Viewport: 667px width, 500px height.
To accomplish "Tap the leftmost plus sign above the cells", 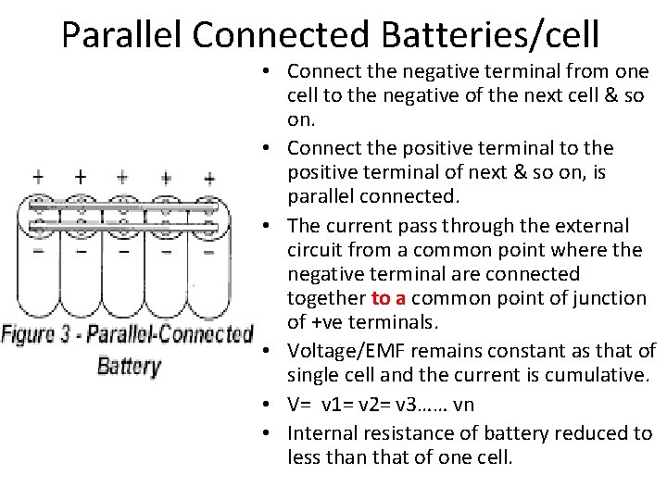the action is [x=38, y=176].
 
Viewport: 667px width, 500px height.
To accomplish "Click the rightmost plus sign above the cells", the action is [x=209, y=178].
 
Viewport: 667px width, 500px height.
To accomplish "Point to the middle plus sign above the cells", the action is [x=122, y=177].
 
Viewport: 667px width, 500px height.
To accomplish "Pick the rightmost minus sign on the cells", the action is [x=208, y=250].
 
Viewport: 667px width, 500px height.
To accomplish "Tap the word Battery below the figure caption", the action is [x=129, y=365].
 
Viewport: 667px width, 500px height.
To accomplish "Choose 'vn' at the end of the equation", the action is [x=465, y=405].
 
